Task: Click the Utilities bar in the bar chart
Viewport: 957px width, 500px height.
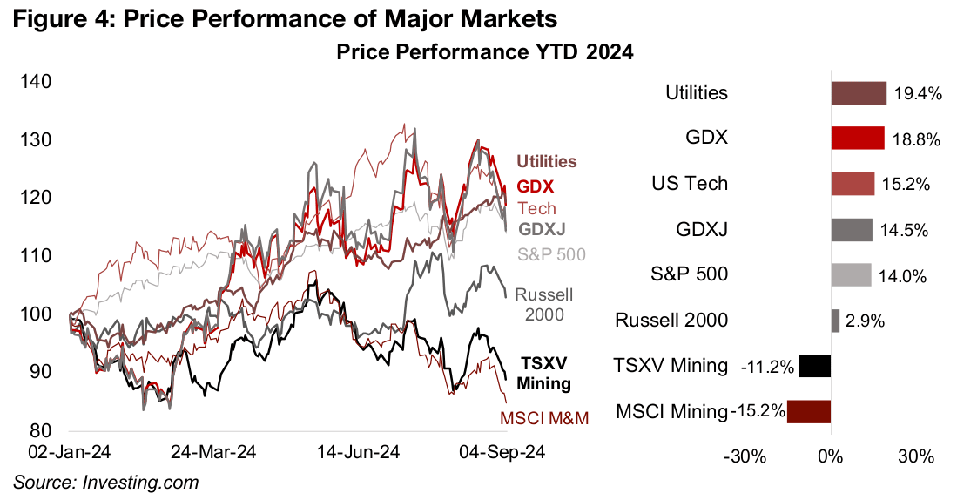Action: pos(859,93)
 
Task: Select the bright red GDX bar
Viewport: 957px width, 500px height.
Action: pos(858,139)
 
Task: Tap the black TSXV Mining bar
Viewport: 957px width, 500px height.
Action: pos(815,366)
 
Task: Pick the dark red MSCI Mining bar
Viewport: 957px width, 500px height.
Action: pos(809,411)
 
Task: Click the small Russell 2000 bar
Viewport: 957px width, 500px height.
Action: pos(836,321)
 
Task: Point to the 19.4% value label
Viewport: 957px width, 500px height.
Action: pos(917,94)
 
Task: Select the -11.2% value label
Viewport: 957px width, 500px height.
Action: pos(767,367)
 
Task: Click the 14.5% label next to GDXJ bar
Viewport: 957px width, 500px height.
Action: pos(903,230)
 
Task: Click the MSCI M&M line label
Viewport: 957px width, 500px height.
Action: pos(544,419)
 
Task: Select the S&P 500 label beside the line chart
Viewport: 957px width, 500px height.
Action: pos(551,253)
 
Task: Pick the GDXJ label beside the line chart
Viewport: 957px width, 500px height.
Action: pos(543,230)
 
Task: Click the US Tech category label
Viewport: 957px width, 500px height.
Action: pos(690,185)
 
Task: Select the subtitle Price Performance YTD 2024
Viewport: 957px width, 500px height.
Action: pos(484,52)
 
